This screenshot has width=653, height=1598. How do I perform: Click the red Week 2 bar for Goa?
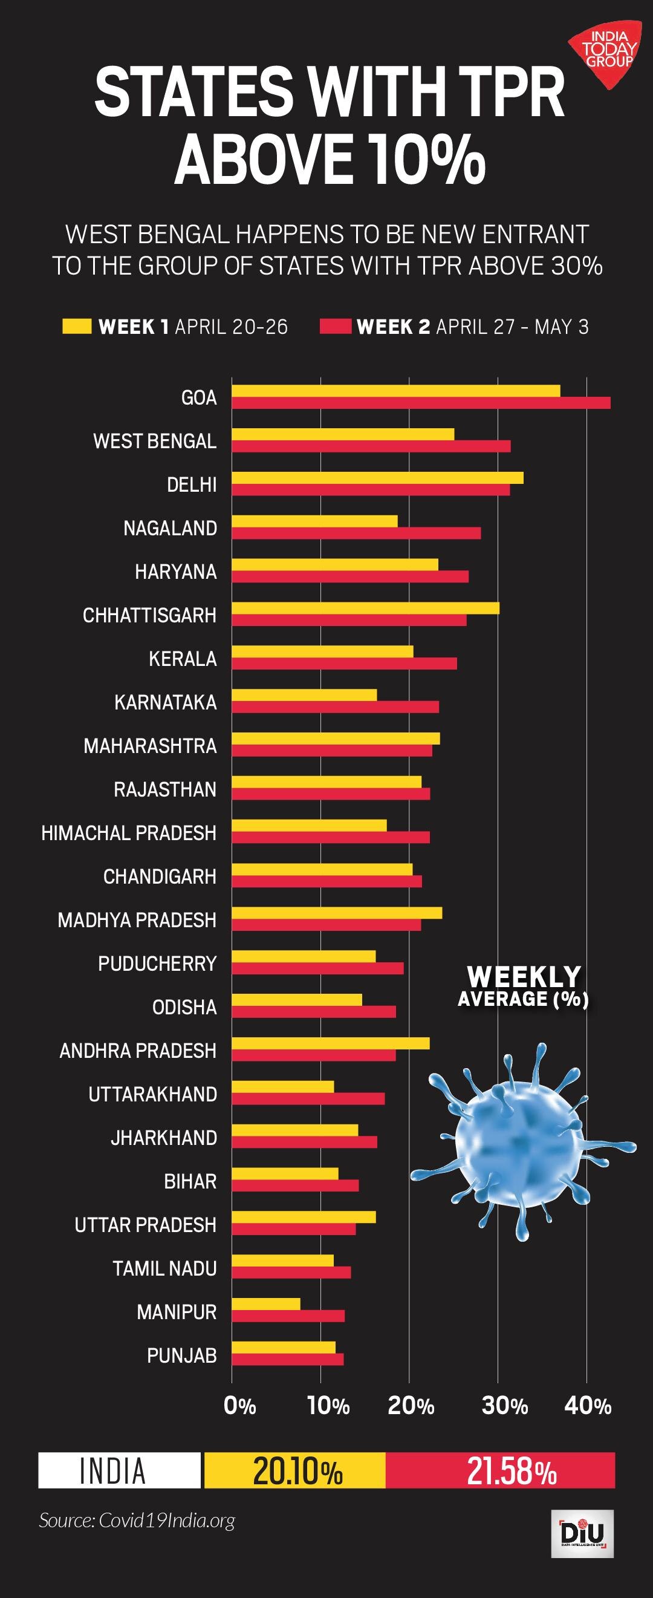(421, 403)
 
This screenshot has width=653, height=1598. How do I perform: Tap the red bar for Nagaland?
(356, 533)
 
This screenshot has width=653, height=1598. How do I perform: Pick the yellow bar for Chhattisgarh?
(365, 608)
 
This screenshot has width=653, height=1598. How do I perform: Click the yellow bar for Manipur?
(266, 1303)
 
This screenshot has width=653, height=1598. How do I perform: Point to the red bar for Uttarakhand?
(308, 1098)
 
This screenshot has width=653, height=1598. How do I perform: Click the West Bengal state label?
(154, 441)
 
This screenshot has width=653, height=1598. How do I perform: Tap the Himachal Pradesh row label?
(128, 832)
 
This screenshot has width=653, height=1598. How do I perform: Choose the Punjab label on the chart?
(182, 1355)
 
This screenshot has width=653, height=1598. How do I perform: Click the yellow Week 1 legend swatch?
(77, 326)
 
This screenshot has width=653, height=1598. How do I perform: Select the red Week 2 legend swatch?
(336, 326)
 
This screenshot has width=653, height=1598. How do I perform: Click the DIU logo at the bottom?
(582, 1533)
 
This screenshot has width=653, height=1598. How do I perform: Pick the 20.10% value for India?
(297, 1471)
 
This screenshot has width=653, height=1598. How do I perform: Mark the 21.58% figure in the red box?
(511, 1471)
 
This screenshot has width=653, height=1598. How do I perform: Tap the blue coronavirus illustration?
(521, 1141)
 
